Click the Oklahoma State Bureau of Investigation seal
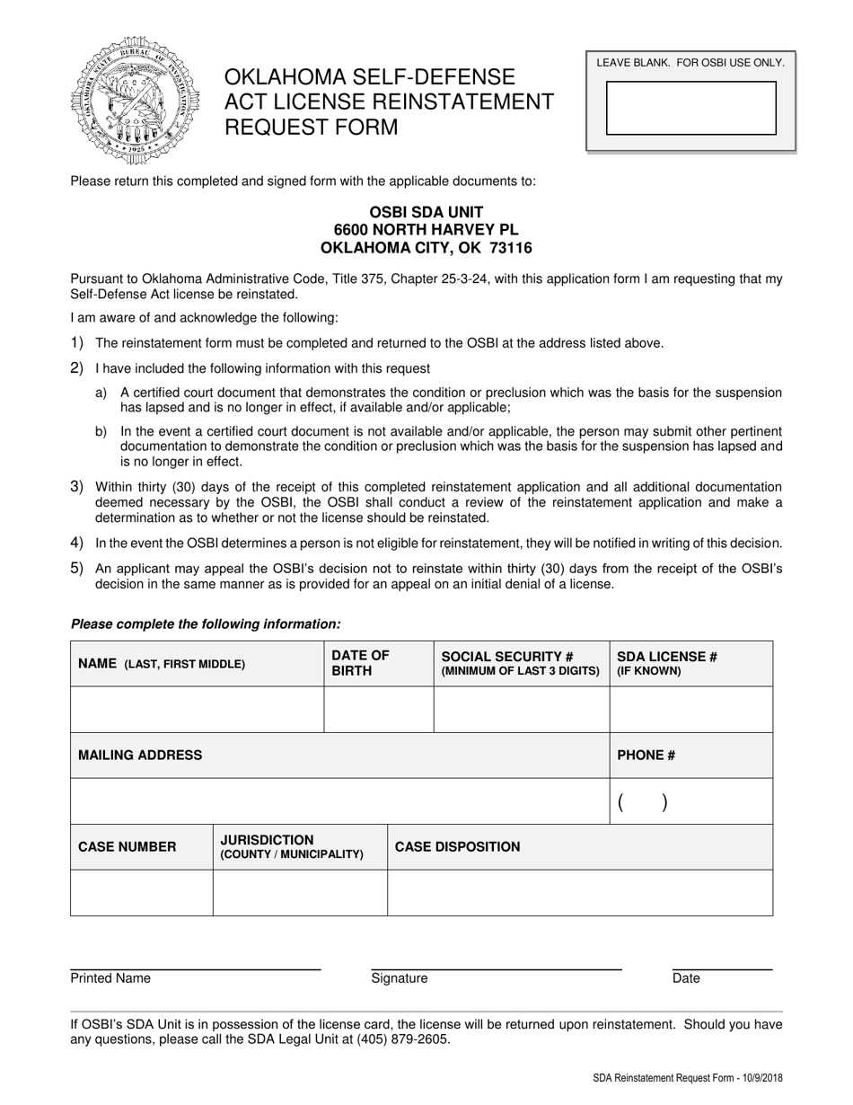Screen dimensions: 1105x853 (x=135, y=101)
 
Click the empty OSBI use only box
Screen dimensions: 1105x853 (x=690, y=108)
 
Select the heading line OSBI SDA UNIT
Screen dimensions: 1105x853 (x=426, y=214)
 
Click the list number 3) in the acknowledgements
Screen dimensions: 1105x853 (x=77, y=486)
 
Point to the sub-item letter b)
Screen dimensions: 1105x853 (x=101, y=431)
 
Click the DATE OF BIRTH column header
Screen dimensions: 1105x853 (x=361, y=663)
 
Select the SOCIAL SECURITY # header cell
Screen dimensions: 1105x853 (x=521, y=663)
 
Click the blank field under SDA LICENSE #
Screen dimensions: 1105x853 (x=690, y=710)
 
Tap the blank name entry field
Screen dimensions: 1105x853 (x=197, y=710)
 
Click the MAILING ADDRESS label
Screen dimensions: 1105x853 (x=140, y=756)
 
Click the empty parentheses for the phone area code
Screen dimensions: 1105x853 (x=642, y=803)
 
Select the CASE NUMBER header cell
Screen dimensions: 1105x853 (x=128, y=847)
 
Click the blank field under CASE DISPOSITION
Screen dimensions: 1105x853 (x=579, y=893)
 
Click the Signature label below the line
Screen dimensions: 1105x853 (x=400, y=978)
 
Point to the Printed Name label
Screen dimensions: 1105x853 (x=110, y=978)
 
